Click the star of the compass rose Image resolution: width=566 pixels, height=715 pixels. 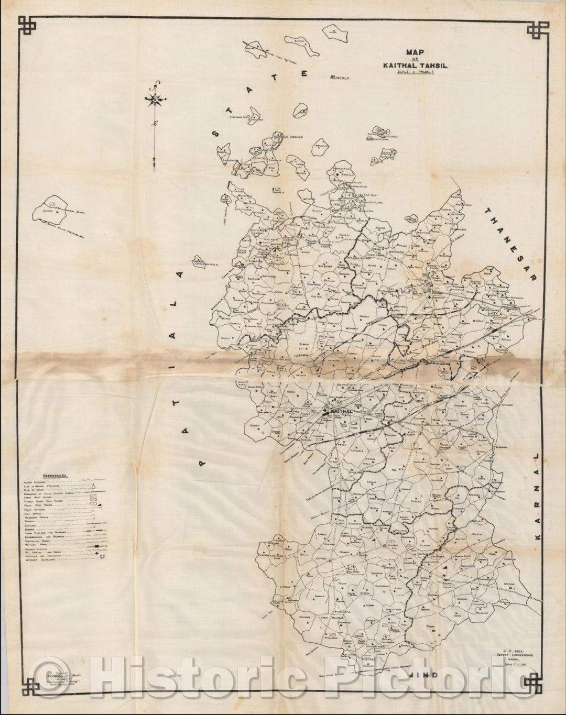coord(156,98)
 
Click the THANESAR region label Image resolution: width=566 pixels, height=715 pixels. coord(510,245)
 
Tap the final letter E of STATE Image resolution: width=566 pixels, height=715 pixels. coord(303,73)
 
